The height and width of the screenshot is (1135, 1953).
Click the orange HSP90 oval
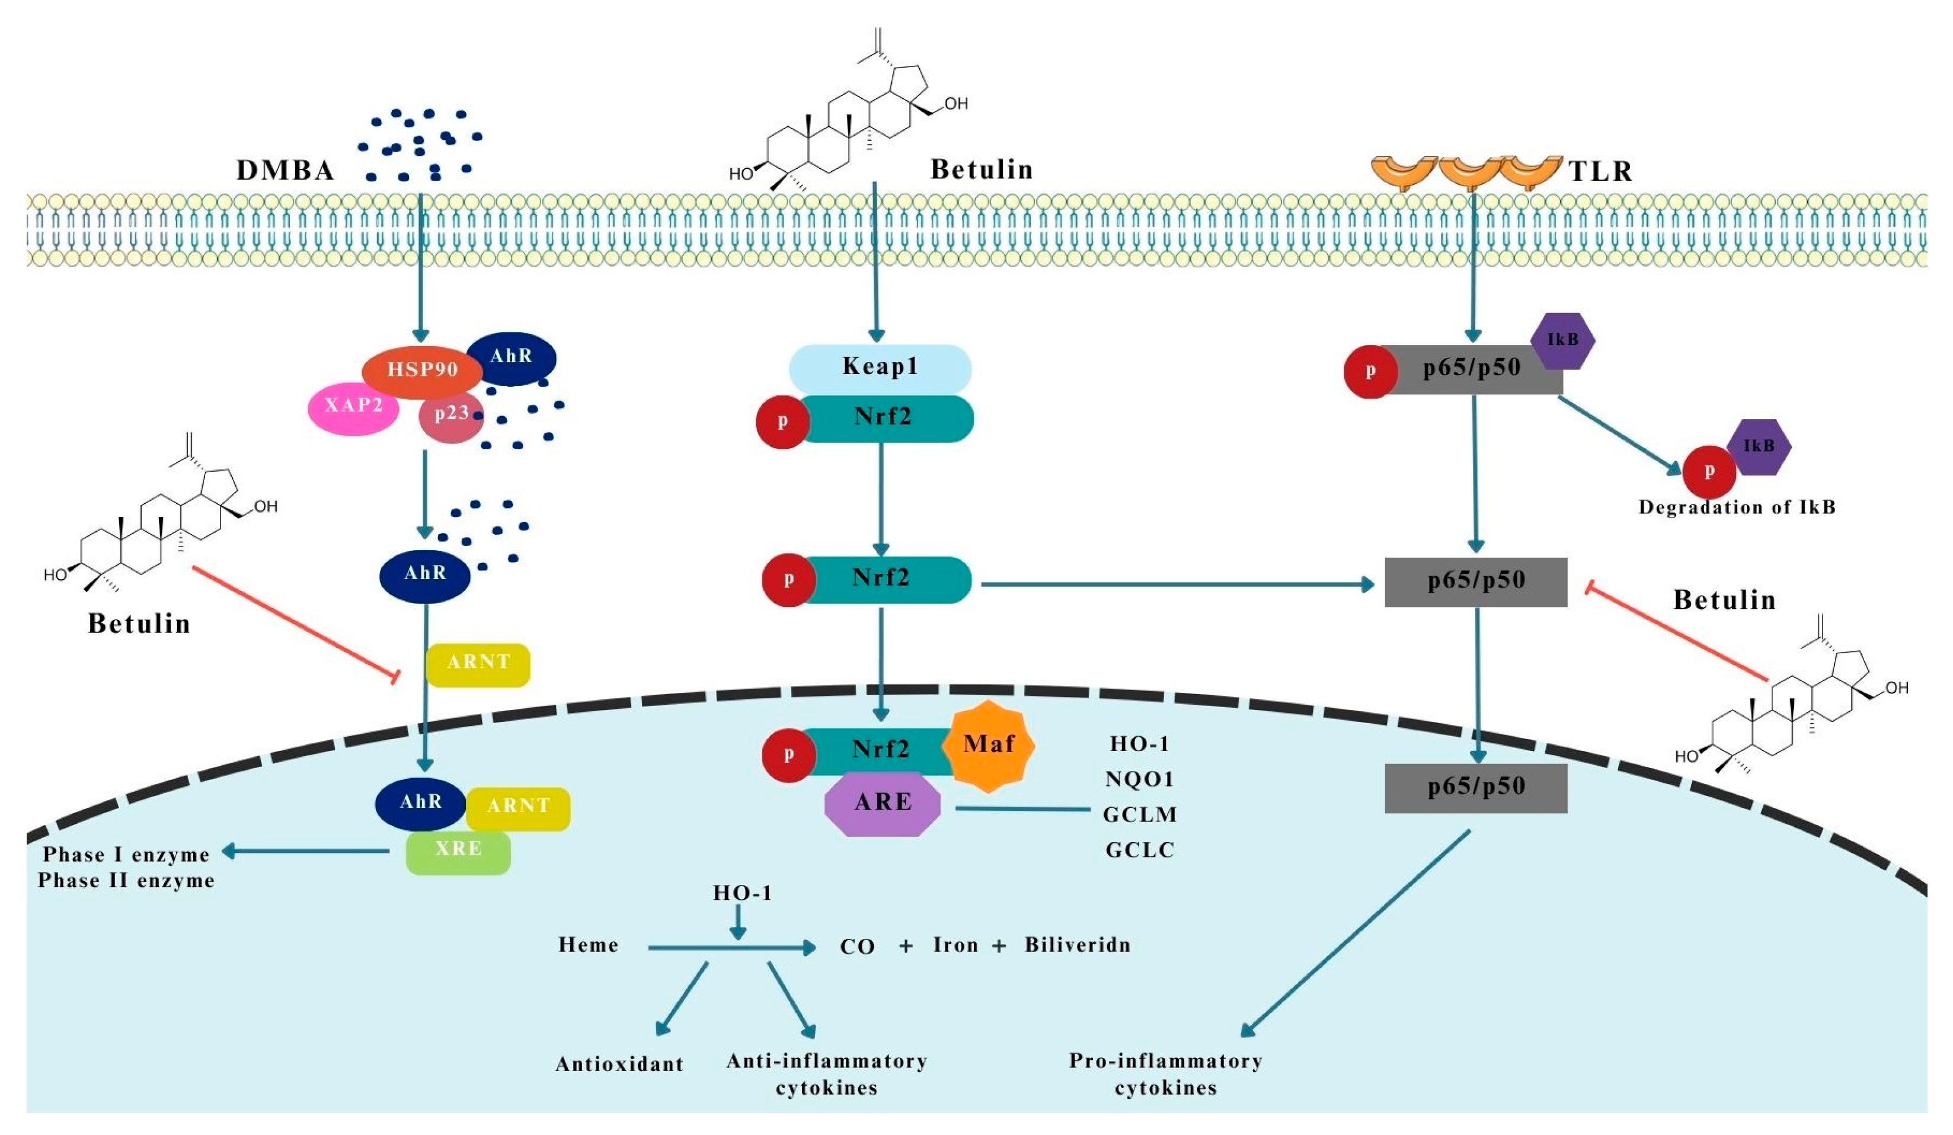click(x=423, y=370)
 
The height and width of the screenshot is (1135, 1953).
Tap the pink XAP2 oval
click(x=353, y=406)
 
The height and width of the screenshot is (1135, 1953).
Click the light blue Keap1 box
click(x=880, y=367)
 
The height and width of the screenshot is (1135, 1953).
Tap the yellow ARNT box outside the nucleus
click(x=478, y=663)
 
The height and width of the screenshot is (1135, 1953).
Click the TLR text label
click(x=1600, y=171)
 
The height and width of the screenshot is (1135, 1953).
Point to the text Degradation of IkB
click(x=1736, y=507)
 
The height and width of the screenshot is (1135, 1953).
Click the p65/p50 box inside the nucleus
click(x=1476, y=788)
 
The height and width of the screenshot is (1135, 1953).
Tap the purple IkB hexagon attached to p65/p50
click(x=1562, y=340)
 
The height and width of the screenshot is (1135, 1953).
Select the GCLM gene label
click(x=1139, y=815)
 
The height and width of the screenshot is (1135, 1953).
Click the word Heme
click(x=588, y=945)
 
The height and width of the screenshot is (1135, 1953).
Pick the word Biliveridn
click(x=1077, y=945)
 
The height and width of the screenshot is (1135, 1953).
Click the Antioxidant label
click(x=619, y=1064)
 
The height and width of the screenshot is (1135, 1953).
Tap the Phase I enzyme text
click(x=126, y=855)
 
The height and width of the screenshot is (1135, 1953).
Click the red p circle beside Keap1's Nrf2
click(x=783, y=421)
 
